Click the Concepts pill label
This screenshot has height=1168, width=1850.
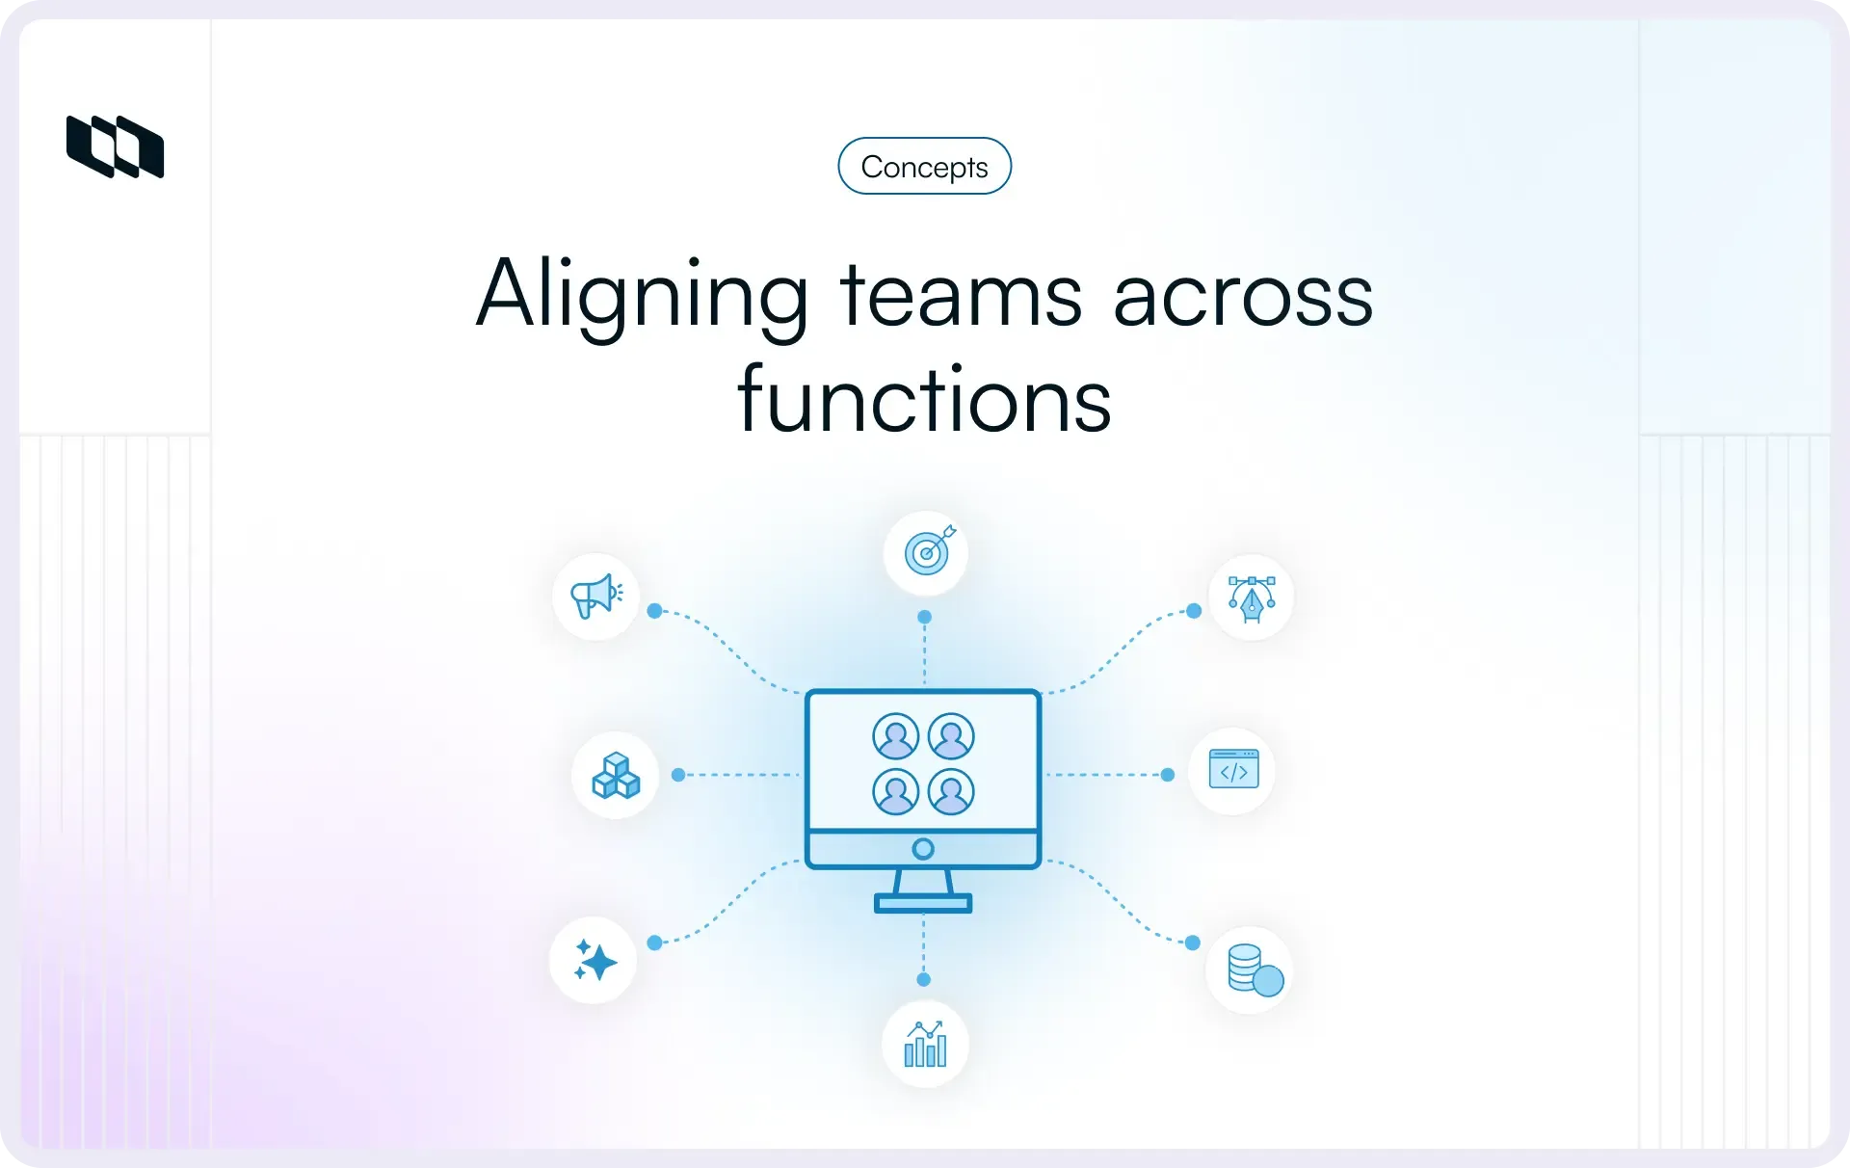coord(924,167)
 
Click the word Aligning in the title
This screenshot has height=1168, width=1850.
coord(643,296)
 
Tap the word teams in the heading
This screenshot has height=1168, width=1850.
coord(961,296)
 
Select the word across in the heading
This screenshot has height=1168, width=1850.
coord(1243,296)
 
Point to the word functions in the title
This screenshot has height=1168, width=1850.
coord(924,400)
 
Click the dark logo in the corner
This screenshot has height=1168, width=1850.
coord(115,146)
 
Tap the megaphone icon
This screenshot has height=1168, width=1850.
coord(596,597)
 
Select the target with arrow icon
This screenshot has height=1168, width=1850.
coord(927,551)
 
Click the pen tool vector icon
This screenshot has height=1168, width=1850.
coord(1252,598)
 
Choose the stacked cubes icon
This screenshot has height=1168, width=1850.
coord(616,776)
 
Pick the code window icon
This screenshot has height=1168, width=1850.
coord(1233,770)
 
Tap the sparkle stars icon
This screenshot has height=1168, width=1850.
coord(595,961)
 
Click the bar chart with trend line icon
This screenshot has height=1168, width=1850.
coord(925,1045)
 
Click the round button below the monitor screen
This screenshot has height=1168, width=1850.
coord(923,849)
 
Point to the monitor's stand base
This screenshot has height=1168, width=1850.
coord(923,904)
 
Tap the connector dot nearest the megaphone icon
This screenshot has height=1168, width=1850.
coord(655,611)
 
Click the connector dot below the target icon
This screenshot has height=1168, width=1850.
coord(925,617)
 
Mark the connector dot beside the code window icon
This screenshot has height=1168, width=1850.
coord(1168,775)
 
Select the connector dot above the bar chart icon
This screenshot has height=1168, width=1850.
coord(924,979)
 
